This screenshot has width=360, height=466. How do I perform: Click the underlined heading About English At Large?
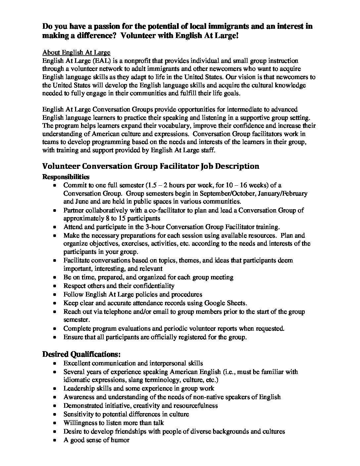tap(76, 53)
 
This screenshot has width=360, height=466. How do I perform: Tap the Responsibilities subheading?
tap(66, 177)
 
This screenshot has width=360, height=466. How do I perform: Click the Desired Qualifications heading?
tap(81, 354)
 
